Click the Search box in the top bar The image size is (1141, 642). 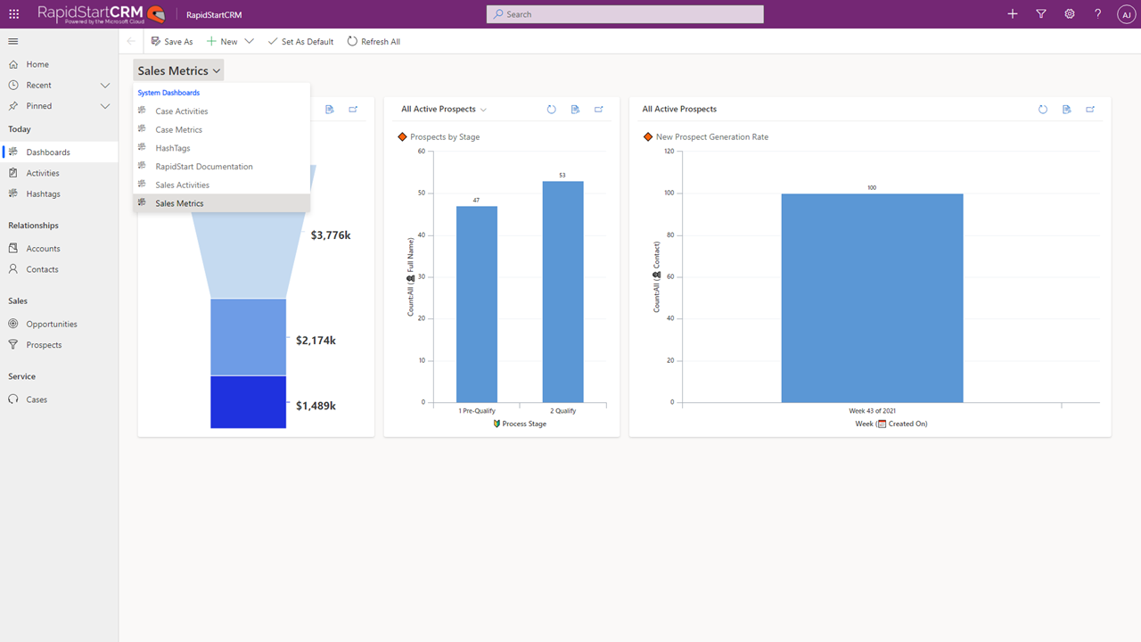click(624, 14)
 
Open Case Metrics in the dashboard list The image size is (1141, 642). click(179, 130)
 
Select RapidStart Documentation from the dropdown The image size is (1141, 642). click(204, 167)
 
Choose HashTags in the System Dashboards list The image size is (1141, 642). click(173, 148)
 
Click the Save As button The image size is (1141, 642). click(172, 42)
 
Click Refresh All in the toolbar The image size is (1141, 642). click(373, 42)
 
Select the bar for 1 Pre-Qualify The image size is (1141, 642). click(477, 304)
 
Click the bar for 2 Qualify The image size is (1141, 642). click(562, 292)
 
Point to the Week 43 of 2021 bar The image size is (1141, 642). click(872, 298)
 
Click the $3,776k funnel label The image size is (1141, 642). click(331, 235)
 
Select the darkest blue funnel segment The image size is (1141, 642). click(248, 402)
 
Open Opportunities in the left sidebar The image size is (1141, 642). click(52, 325)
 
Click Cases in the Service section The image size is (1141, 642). click(37, 399)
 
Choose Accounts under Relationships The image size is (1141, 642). click(43, 249)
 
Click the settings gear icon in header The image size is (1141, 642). click(1070, 14)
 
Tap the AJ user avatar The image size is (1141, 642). click(1125, 14)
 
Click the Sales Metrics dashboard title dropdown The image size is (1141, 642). click(179, 70)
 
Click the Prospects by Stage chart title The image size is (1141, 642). click(445, 137)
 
